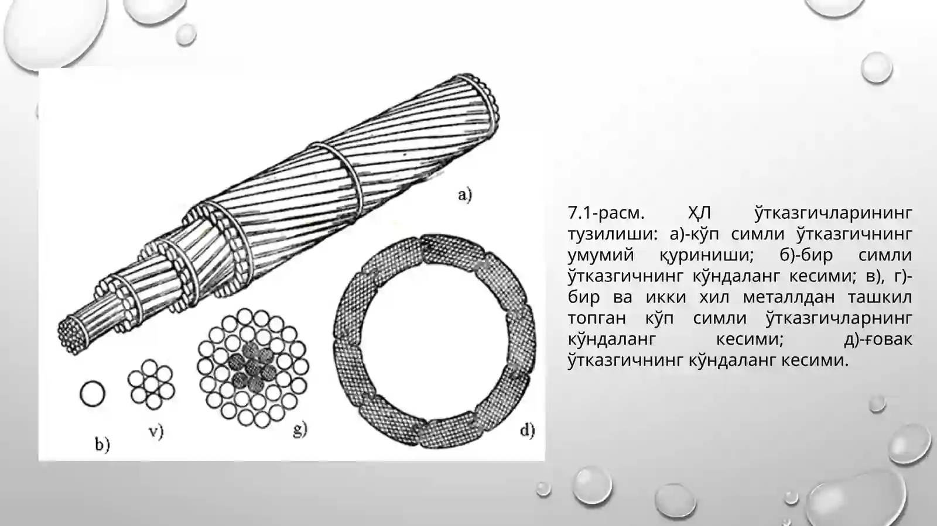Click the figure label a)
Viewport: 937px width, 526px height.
(465, 195)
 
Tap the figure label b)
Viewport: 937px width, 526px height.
(102, 444)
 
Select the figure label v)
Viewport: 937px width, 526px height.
(156, 431)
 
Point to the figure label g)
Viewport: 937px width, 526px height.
(300, 429)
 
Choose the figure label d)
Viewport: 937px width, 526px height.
(528, 430)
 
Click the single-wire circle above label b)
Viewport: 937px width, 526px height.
(93, 394)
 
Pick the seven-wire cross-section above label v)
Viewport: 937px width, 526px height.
(151, 384)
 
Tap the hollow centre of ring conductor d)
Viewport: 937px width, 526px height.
(434, 341)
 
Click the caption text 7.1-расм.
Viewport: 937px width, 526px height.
(606, 213)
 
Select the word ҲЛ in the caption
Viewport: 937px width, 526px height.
(699, 213)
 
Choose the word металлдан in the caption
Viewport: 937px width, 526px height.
(789, 297)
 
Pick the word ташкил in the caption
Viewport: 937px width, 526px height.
(880, 297)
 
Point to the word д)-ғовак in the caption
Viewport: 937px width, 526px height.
(878, 340)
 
